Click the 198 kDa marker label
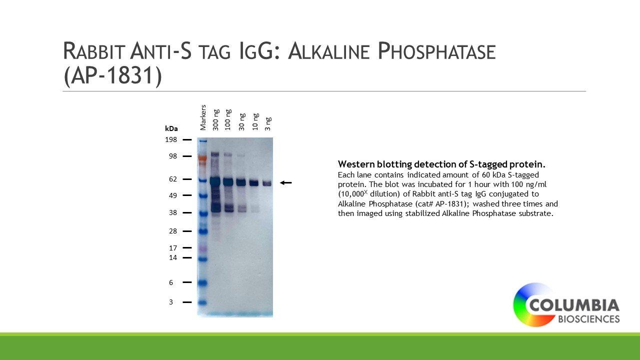[171, 139]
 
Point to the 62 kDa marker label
[173, 179]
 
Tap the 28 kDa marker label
[173, 231]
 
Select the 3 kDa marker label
[171, 302]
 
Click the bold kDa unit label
[171, 129]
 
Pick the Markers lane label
[203, 117]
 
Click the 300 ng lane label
[215, 120]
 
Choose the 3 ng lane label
[268, 123]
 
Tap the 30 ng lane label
[242, 122]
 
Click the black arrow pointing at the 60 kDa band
[285, 182]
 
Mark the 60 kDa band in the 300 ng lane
[215, 181]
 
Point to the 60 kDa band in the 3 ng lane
[267, 183]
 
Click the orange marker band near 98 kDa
[202, 157]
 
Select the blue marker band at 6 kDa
[202, 283]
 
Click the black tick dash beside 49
[187, 195]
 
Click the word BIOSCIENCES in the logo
[589, 319]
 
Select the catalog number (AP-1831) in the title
[112, 75]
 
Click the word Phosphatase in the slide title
[436, 51]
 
